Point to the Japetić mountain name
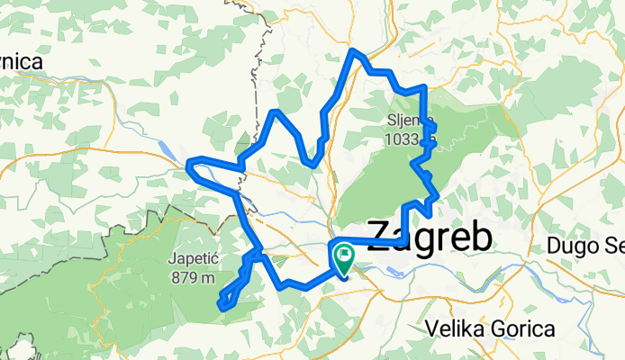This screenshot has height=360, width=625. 194,260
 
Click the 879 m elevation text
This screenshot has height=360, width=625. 194,277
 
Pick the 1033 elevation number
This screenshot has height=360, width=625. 403,139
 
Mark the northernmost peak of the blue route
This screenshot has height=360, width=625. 353,50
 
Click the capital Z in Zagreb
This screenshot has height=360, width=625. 382,237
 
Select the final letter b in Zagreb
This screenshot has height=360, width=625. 484,237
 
